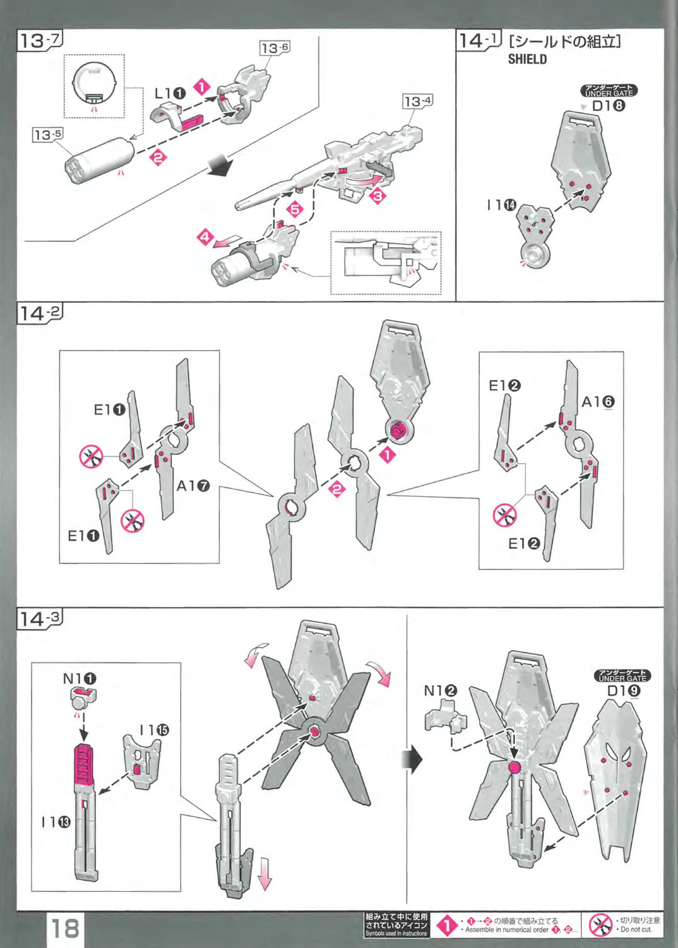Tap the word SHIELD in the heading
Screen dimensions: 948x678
coord(527,59)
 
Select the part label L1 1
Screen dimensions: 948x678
coord(170,94)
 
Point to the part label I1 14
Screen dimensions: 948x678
coord(501,205)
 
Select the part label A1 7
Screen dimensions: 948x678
coord(193,486)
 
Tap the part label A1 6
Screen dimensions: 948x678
coord(597,402)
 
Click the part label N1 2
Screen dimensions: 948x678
coord(440,691)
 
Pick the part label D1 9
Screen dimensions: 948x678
coord(623,691)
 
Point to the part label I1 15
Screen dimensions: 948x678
coord(155,730)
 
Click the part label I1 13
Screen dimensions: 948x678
coord(56,822)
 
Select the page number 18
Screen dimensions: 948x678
coord(65,928)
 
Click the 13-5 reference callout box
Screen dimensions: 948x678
coord(48,135)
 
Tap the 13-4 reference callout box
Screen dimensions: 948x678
coord(418,101)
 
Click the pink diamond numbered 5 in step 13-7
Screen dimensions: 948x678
coord(295,209)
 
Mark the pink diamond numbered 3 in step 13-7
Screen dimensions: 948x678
coord(378,195)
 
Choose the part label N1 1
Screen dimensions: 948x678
coord(80,679)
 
